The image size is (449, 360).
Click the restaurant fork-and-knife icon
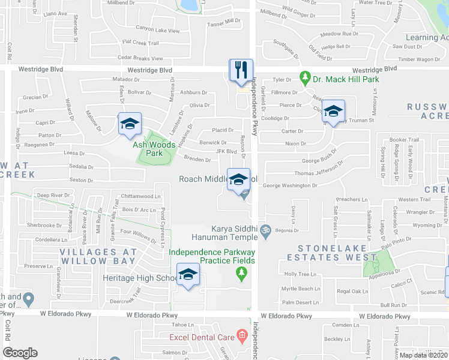tap(241, 70)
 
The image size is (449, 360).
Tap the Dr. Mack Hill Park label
tap(345, 79)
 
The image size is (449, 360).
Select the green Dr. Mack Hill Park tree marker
tap(305, 79)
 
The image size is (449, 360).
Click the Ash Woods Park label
tap(155, 149)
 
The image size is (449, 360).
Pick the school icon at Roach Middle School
tap(238, 179)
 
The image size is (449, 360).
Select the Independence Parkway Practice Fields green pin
tap(241, 273)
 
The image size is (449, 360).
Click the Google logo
tap(20, 353)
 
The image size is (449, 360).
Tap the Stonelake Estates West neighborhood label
tap(336, 252)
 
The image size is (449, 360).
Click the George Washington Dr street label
tap(290, 186)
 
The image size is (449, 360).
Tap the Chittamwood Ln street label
tap(141, 196)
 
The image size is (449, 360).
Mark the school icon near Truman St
tap(333, 111)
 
